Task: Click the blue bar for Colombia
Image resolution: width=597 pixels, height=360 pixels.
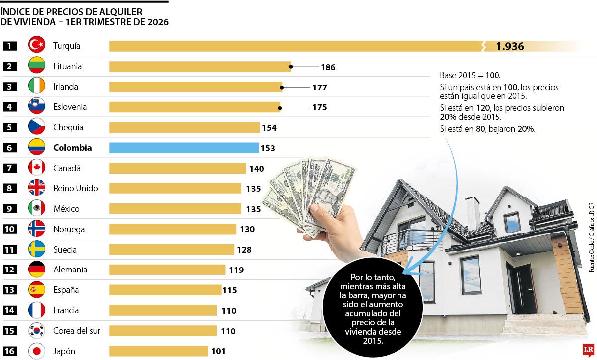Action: pos(184,148)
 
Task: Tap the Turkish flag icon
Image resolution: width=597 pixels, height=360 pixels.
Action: pos(37,46)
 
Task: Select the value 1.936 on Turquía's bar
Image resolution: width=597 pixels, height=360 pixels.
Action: pos(510,46)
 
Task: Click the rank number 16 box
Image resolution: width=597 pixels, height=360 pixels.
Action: pos(10,351)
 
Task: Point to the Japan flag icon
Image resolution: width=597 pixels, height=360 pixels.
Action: pos(37,351)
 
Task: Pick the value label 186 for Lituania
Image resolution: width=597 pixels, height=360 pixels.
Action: pos(328,67)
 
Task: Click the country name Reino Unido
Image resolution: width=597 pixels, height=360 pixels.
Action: pos(76,188)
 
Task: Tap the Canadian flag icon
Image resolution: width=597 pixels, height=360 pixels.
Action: pos(37,168)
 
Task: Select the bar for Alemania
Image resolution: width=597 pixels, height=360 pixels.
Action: pos(167,270)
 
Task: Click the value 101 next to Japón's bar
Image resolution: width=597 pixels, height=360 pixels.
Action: pos(218,351)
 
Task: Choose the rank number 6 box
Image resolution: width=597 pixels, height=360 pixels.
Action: pos(10,148)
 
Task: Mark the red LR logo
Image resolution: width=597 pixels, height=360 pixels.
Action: pos(587,349)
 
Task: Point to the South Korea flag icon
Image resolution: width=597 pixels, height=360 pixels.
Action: pos(37,331)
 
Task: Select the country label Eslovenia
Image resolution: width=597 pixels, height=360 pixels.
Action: pos(70,107)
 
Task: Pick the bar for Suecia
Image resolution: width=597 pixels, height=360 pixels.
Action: pos(172,250)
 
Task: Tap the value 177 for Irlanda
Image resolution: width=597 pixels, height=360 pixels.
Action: pos(319,88)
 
